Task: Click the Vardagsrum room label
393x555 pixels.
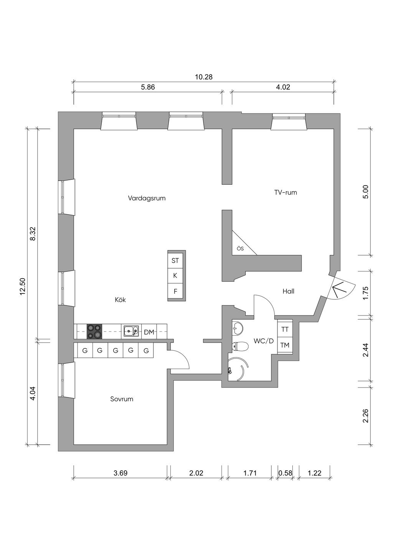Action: coord(147,198)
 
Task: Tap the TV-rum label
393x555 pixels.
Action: coord(286,192)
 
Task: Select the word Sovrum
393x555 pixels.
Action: coord(122,399)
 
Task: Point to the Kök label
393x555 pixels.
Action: coord(121,300)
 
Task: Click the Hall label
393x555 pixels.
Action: coord(288,291)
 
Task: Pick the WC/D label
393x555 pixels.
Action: coord(264,341)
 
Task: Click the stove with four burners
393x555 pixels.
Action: coord(94,331)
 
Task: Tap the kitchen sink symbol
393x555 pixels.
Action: coord(131,331)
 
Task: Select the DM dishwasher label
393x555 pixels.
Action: coord(149,332)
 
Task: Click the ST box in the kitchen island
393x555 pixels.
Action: coord(175,260)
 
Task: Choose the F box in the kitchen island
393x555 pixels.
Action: coord(175,291)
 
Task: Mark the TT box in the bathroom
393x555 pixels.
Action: coord(285,329)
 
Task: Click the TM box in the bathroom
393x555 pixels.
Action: coord(285,345)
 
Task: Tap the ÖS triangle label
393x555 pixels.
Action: coord(240,248)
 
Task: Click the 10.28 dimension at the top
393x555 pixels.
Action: coord(204,77)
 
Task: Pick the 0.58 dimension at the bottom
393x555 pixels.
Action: coord(285,473)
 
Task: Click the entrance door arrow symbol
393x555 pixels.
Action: coord(339,289)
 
